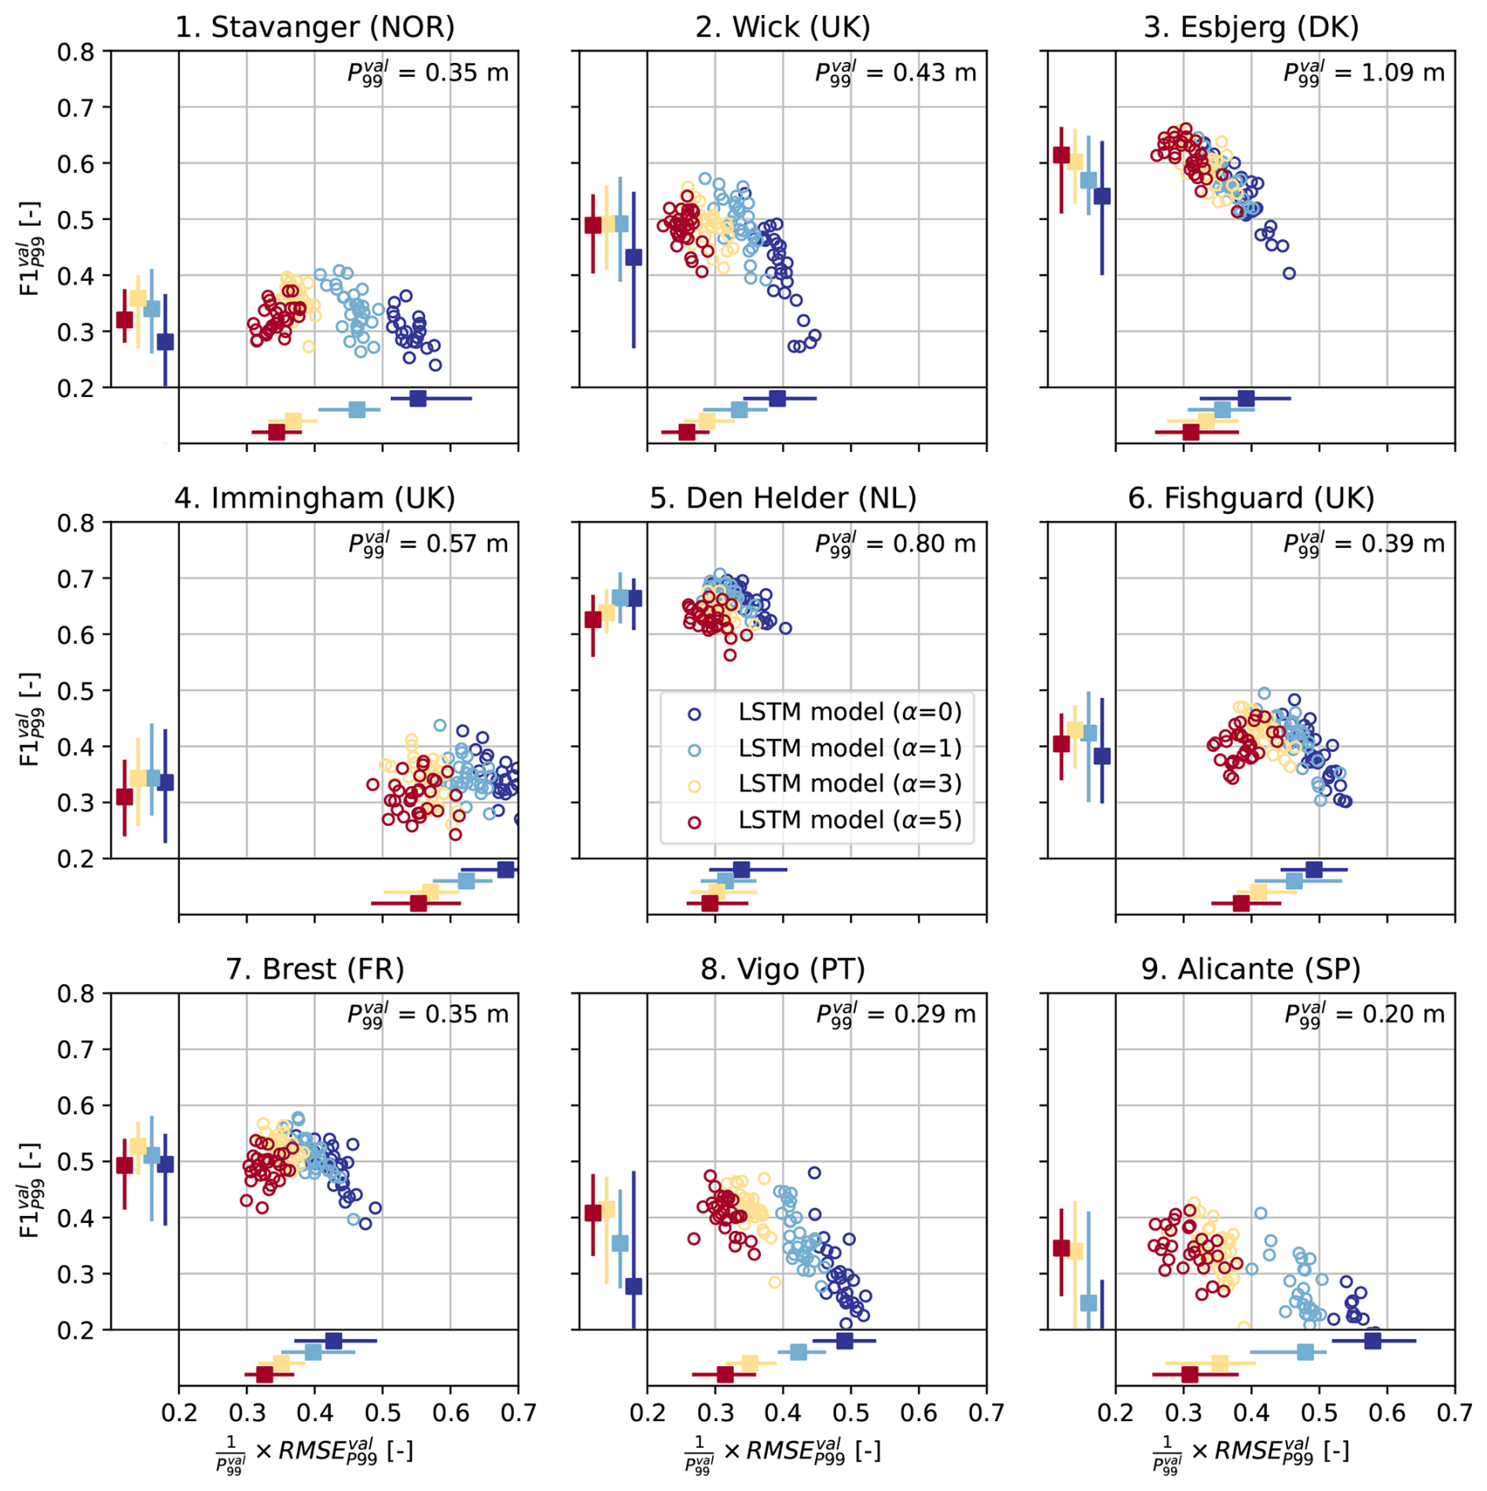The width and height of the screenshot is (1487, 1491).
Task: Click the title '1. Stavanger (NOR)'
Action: (314, 28)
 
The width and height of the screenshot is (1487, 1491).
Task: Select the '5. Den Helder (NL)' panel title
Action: (783, 498)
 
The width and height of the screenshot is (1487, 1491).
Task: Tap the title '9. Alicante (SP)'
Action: (1250, 969)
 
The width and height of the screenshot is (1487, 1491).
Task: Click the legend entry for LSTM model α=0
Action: (849, 712)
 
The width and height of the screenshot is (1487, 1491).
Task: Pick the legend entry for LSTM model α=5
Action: (849, 821)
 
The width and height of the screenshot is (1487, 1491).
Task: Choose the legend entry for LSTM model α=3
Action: (849, 784)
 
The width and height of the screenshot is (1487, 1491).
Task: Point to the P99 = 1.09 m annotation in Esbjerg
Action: (1364, 73)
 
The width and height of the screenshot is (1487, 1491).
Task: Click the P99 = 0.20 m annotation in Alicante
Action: (1364, 1015)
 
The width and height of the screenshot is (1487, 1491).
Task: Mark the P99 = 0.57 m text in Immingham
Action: (428, 544)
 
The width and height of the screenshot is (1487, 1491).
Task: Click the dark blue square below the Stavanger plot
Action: (418, 398)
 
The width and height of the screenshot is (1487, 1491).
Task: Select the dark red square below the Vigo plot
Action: (725, 1375)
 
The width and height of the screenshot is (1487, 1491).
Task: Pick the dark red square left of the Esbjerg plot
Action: (1061, 155)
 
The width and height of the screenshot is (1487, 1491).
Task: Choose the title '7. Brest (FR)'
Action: (314, 969)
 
